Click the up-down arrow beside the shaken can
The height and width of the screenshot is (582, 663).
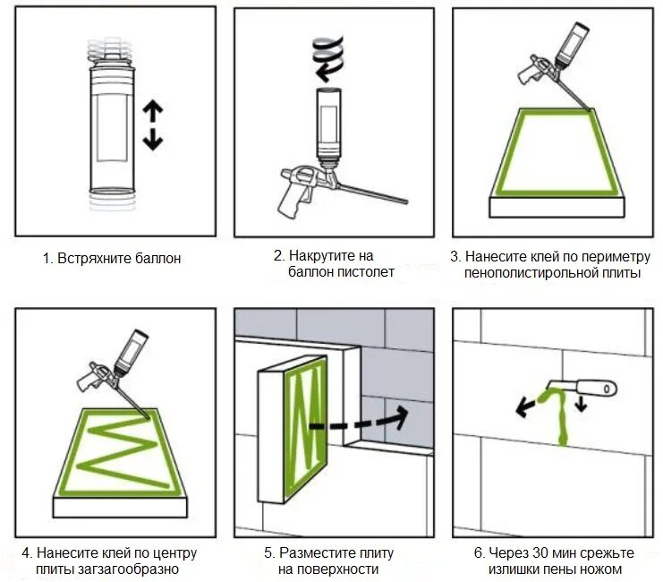pos(154,125)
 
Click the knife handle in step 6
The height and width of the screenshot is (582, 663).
pos(597,388)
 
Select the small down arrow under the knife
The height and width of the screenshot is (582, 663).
pos(583,404)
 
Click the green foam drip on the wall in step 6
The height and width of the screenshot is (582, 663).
pos(562,421)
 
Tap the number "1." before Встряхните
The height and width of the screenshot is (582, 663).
pos(48,259)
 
